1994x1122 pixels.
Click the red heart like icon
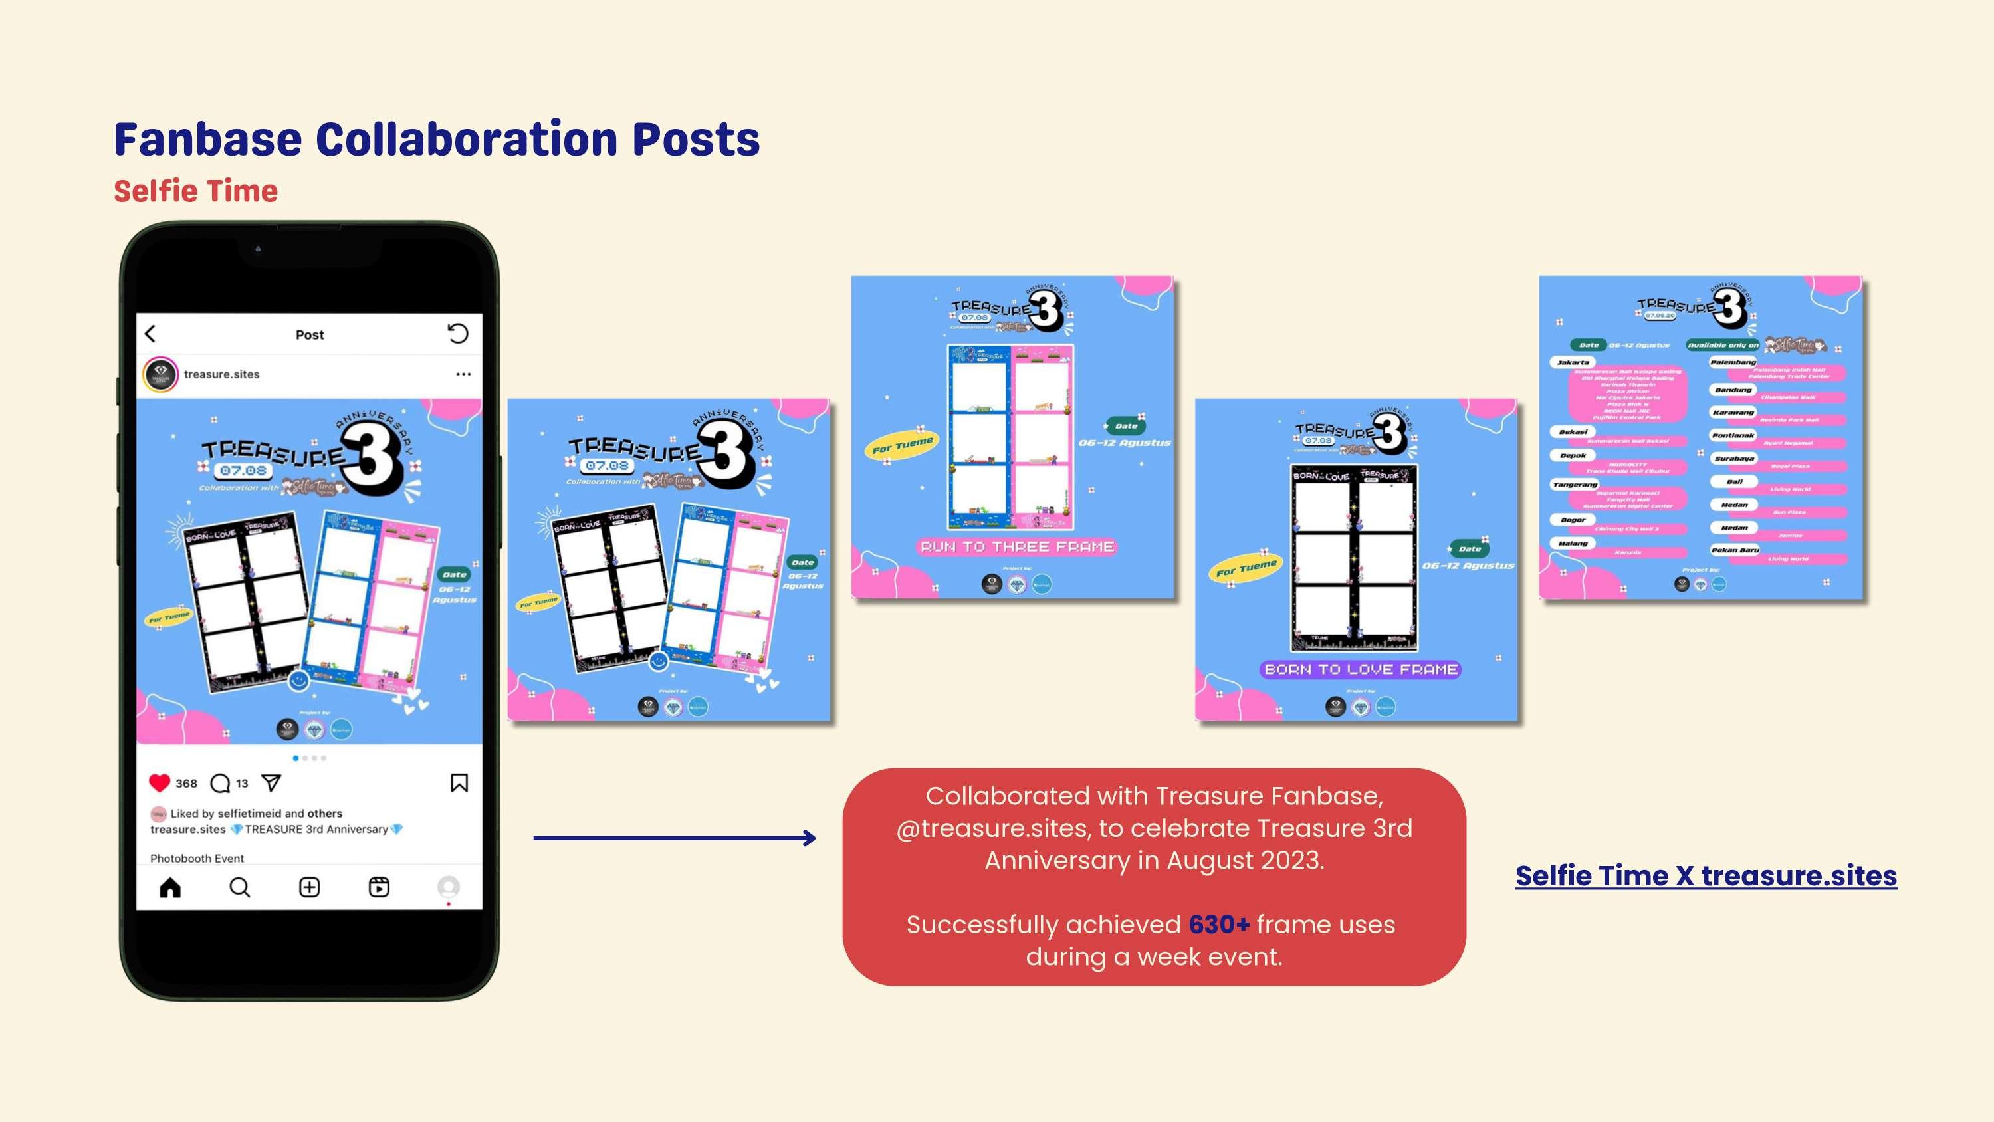click(160, 783)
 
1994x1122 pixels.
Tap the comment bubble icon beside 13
click(221, 783)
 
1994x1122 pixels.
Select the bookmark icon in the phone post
click(459, 783)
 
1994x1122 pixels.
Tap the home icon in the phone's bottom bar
click(170, 887)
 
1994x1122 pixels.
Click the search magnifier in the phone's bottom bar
click(240, 887)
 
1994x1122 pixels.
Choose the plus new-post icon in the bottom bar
click(310, 887)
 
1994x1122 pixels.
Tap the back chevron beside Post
click(150, 334)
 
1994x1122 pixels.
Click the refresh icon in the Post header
click(458, 334)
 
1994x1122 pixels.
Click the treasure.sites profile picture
click(161, 374)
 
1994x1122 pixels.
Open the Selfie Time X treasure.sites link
click(1706, 876)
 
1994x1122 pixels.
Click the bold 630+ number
click(1219, 925)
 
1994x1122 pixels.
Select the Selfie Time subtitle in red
click(196, 191)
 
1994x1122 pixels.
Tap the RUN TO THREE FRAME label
click(1017, 546)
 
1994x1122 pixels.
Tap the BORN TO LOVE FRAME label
click(1361, 669)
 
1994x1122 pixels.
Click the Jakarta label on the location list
click(1573, 362)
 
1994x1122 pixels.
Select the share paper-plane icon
click(271, 783)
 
